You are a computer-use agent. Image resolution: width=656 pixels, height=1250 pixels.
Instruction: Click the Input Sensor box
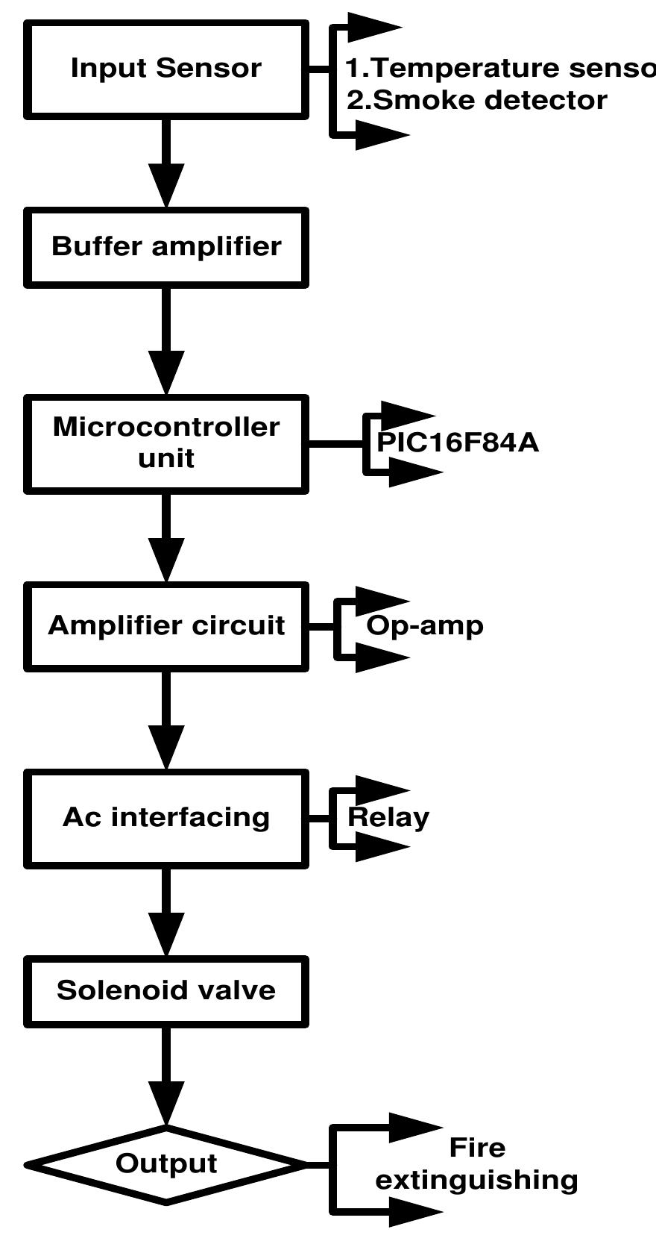(166, 69)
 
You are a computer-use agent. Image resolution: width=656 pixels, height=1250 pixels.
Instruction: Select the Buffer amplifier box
(166, 247)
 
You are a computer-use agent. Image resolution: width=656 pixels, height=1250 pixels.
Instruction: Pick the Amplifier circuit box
(166, 625)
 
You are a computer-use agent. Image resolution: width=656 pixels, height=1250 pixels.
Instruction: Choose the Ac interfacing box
(166, 817)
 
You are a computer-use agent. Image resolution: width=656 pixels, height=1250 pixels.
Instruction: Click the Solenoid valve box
(166, 990)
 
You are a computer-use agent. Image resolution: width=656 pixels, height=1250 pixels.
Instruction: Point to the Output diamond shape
(166, 1164)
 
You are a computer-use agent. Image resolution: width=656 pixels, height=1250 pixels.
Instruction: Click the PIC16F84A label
(458, 443)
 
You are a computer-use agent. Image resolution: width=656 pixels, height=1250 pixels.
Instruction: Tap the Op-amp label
(425, 625)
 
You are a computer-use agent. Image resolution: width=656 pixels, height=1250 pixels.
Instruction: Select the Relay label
(388, 817)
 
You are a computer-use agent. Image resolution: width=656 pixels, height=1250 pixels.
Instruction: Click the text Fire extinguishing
(477, 1164)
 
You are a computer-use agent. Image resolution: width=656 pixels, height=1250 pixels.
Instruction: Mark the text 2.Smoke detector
(477, 100)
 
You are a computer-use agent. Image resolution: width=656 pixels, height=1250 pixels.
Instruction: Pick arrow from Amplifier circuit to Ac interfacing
(166, 720)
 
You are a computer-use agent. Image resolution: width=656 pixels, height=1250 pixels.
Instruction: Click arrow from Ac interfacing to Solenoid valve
(166, 912)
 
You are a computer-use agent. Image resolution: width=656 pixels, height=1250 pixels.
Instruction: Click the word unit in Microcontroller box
(166, 458)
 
